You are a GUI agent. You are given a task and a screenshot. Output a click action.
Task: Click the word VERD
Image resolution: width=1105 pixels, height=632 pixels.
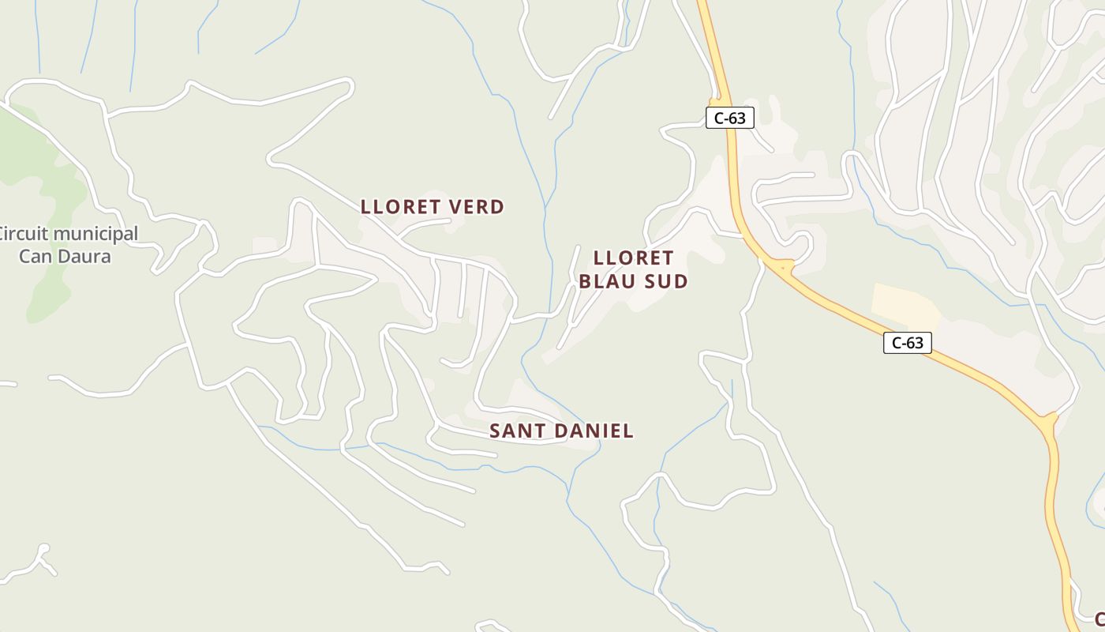tap(476, 207)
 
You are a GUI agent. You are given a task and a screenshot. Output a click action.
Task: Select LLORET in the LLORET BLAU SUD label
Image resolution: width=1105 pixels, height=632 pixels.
tap(633, 258)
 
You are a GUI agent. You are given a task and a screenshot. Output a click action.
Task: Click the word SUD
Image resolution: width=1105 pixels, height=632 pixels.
tap(665, 281)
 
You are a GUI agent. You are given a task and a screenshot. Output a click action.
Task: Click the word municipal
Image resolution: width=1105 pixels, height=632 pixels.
tap(94, 235)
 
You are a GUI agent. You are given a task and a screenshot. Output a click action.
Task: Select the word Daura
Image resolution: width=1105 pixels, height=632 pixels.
tap(84, 257)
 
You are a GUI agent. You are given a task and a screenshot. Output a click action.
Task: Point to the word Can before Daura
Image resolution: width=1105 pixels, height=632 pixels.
tap(35, 257)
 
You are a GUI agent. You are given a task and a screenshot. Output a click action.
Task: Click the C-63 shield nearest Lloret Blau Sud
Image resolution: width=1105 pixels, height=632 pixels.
tap(729, 118)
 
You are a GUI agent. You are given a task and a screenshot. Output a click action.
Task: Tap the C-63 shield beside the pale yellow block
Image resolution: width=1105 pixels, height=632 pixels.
tap(908, 343)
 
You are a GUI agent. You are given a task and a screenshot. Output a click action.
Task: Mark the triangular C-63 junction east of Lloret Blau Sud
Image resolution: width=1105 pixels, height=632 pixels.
tap(782, 268)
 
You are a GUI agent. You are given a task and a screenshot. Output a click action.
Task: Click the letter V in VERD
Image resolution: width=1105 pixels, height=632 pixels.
tap(455, 207)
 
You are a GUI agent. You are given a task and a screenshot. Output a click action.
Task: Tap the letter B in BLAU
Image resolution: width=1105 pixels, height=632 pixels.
tap(586, 281)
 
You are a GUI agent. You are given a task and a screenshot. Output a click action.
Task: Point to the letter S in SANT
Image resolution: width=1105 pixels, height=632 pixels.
tap(496, 431)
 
